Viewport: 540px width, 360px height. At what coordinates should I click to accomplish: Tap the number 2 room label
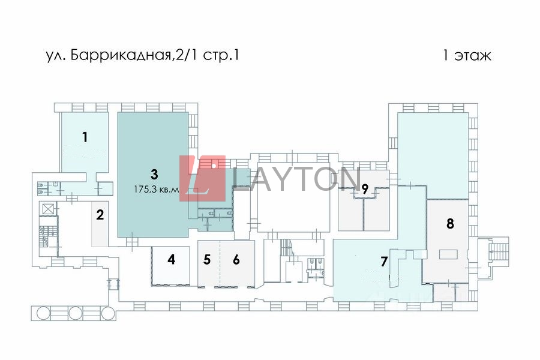coord(100,214)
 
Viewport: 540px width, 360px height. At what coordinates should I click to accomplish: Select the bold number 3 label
coord(154,175)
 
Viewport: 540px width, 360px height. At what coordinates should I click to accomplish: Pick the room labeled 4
coord(172,260)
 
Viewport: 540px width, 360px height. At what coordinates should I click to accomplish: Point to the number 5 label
coord(207,260)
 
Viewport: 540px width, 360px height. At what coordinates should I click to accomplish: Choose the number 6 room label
coord(236,260)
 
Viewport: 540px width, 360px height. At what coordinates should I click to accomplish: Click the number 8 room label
coord(450,223)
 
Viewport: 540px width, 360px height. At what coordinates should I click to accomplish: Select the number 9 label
coord(364,188)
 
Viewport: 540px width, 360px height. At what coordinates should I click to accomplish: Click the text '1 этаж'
coord(467,56)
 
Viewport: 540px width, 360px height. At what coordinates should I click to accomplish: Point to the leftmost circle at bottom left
coord(44,313)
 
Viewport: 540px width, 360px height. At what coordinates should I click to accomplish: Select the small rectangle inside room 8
coord(448,254)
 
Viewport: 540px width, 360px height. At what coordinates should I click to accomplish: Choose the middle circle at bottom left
coord(76,313)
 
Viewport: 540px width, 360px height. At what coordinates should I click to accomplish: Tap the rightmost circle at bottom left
coord(107,313)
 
